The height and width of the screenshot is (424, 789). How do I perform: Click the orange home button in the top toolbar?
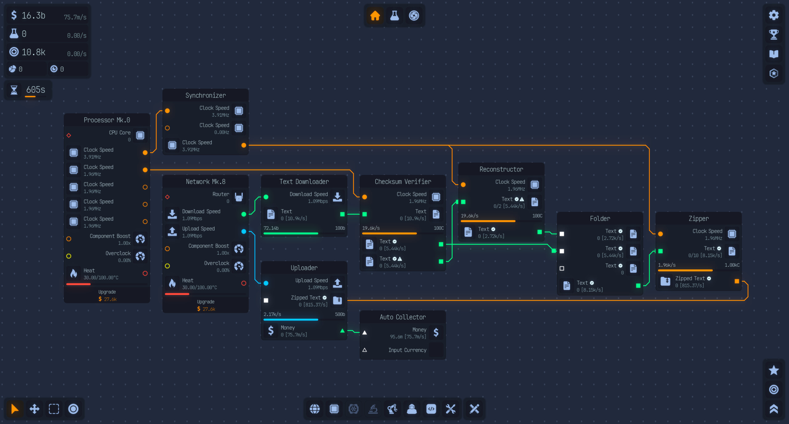coord(375,15)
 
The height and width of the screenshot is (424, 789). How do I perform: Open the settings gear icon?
coord(774,15)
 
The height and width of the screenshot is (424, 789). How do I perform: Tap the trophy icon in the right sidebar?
coord(774,34)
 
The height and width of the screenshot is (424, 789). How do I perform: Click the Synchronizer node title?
coord(206,95)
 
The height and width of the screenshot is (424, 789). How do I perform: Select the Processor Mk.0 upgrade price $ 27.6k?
coord(107,299)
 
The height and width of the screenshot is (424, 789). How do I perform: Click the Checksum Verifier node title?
coord(403,182)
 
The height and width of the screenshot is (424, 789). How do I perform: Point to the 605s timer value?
coord(35,90)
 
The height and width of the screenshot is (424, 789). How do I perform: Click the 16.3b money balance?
coord(33,15)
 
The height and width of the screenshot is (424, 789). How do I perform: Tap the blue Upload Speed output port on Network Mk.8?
coord(244,231)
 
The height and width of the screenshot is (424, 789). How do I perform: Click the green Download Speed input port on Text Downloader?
coord(266,197)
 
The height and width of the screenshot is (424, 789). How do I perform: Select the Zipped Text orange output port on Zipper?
coord(737,281)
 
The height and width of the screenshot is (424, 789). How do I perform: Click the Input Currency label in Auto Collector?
coord(407,350)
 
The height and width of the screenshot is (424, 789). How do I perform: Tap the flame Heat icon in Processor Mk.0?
coord(74,273)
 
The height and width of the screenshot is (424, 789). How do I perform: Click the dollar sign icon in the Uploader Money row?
coord(271,331)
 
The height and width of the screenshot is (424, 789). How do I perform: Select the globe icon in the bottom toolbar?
coord(315,409)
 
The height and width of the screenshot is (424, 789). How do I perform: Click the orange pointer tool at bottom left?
coord(14,409)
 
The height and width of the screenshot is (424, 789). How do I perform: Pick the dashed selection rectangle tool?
coord(54,409)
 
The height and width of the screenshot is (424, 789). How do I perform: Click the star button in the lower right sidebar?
coord(774,370)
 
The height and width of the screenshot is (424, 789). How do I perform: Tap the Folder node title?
coord(600,219)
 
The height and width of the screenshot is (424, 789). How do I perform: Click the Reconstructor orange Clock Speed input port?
coord(463,185)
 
